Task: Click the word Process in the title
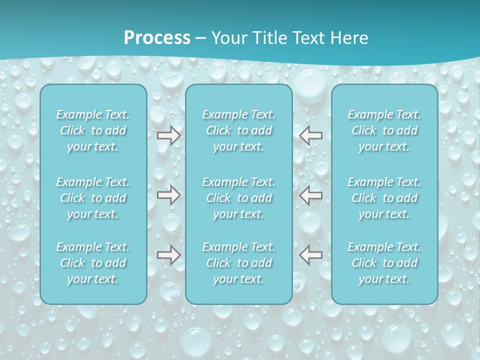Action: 157,38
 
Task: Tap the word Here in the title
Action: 350,38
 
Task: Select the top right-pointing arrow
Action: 169,135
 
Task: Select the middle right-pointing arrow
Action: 169,195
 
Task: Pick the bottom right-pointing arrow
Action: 169,255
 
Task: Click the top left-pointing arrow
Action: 310,135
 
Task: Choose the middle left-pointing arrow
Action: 310,195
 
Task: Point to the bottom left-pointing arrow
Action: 310,255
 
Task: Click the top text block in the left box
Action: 93,130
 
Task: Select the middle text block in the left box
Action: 93,198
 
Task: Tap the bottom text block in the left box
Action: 93,263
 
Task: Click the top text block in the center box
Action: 239,130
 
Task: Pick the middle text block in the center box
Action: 239,198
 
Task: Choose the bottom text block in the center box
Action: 239,263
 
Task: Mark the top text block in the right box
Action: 384,130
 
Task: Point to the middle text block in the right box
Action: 384,198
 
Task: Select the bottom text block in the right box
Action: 384,263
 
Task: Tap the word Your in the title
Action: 227,38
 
